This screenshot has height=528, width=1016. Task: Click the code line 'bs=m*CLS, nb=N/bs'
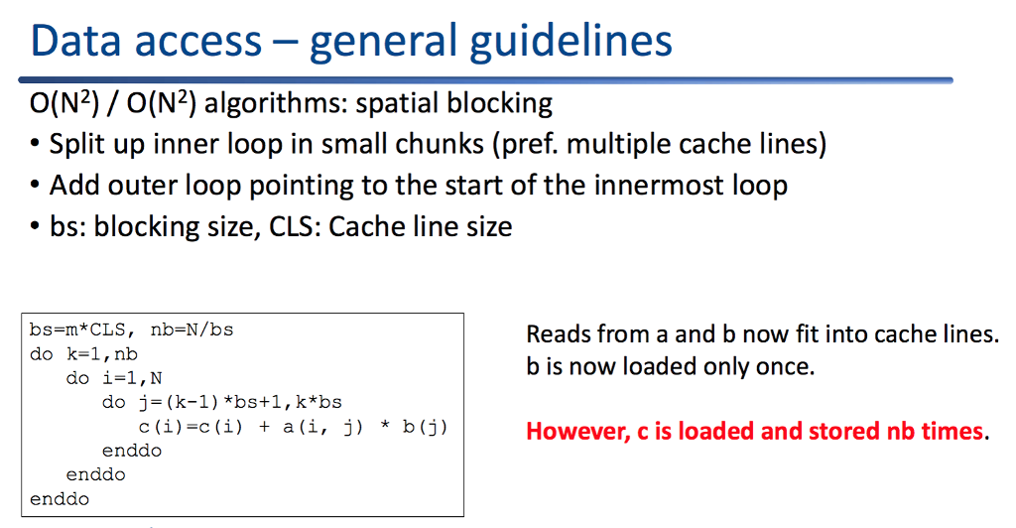[132, 330]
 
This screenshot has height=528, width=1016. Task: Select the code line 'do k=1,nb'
[83, 353]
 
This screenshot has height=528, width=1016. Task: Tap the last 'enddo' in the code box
[60, 499]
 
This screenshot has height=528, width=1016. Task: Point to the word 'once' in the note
[784, 366]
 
